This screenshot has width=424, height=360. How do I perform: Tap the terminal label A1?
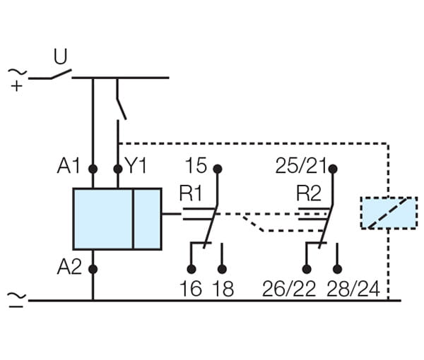click(69, 167)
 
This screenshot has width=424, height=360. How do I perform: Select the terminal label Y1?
click(136, 167)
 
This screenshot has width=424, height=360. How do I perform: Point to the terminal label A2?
click(69, 268)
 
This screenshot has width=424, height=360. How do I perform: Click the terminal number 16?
click(191, 289)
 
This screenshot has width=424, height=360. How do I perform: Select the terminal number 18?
click(223, 289)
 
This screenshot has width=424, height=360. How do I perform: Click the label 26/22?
click(288, 289)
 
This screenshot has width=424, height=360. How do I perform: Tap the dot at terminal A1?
click(93, 169)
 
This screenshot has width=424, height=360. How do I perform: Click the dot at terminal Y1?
click(117, 169)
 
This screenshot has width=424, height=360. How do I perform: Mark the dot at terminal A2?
click(93, 268)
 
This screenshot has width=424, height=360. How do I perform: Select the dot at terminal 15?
click(218, 169)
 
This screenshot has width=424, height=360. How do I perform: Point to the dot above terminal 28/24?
click(337, 269)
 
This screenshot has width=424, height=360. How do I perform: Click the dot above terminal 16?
click(191, 269)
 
